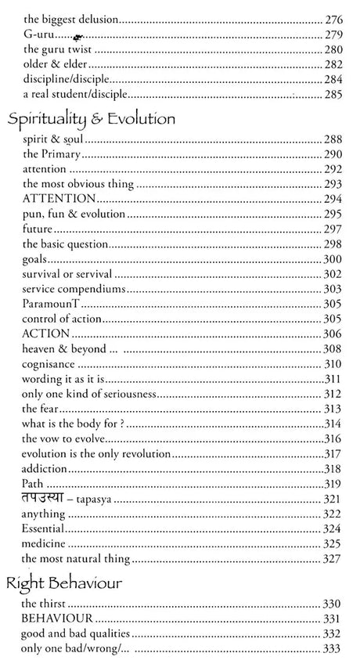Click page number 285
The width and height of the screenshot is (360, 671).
(x=333, y=95)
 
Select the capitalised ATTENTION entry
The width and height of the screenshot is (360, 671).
(x=59, y=199)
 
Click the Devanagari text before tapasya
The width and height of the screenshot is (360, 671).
(x=46, y=499)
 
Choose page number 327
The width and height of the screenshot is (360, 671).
(x=333, y=559)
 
